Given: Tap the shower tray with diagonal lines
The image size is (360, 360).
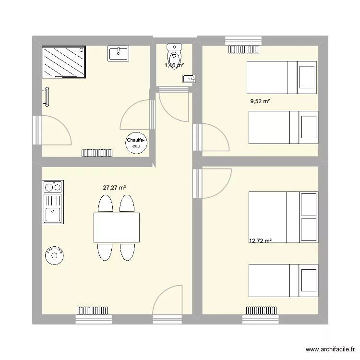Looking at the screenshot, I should [64, 61].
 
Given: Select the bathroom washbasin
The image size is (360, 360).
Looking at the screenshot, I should [119, 53].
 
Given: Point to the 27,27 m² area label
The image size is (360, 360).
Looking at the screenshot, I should [115, 188].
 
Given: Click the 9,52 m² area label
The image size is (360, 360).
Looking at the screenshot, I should [260, 101].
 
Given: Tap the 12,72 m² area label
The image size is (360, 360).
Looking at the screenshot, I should [260, 241].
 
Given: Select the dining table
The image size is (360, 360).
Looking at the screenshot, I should [117, 227].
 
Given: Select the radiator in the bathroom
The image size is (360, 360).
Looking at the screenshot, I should [97, 153].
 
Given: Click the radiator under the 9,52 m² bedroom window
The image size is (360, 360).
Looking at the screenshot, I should [245, 48].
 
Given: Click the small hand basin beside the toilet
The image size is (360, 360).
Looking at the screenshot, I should [187, 79].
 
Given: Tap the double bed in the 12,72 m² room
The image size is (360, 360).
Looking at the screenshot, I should [283, 217].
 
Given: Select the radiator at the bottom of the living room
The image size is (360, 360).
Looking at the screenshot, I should [94, 311].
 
